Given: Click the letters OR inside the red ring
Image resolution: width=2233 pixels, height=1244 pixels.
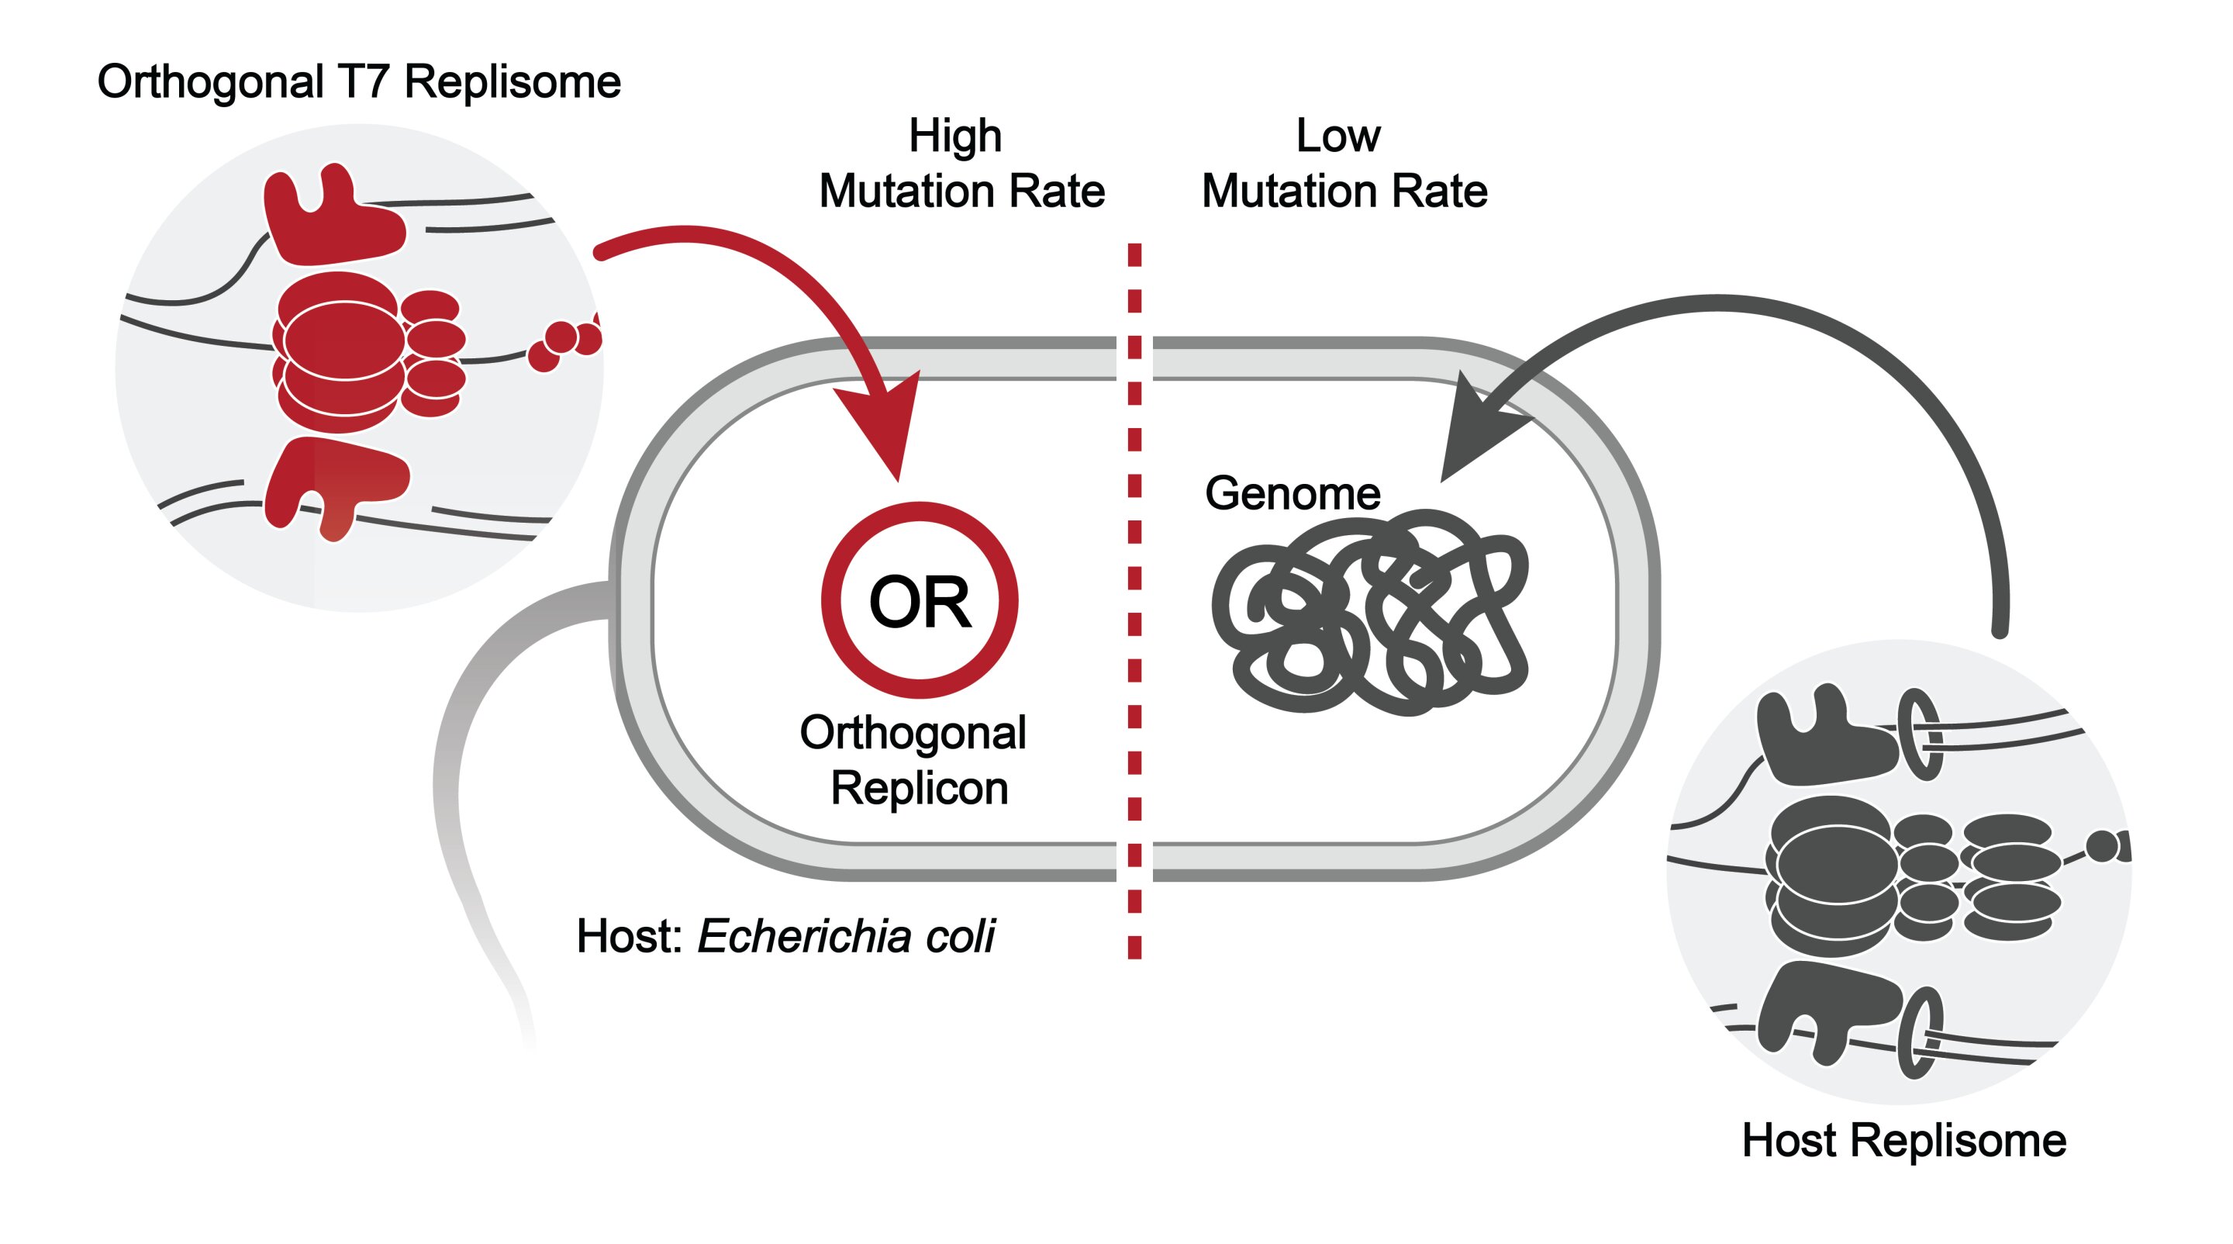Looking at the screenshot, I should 919,602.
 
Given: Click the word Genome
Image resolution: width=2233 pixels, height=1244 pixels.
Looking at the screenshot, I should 1292,493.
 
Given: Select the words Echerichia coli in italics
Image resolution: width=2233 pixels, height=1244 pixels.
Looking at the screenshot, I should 846,936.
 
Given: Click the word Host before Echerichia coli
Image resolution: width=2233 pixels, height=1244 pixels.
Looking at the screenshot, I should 629,936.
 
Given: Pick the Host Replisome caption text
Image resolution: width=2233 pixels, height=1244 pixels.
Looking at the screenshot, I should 1903,1140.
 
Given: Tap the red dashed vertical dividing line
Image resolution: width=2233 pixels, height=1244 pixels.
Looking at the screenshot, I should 1134,606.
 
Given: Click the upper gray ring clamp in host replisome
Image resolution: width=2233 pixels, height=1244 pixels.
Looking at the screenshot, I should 1919,734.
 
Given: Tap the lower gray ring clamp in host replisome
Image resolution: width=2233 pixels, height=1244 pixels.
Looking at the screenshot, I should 1919,1031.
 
